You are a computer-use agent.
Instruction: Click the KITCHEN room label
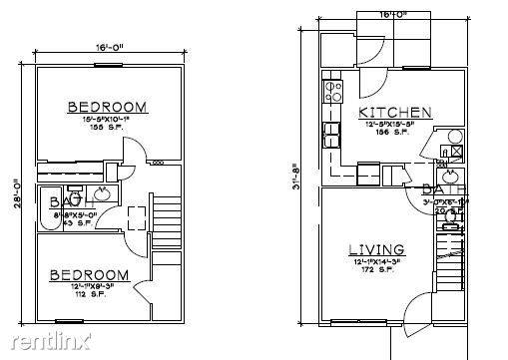[x=394, y=113]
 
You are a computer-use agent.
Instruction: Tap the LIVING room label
[x=375, y=249]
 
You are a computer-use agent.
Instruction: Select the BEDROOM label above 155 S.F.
[x=107, y=107]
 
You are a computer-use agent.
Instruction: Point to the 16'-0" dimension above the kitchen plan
[x=391, y=14]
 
